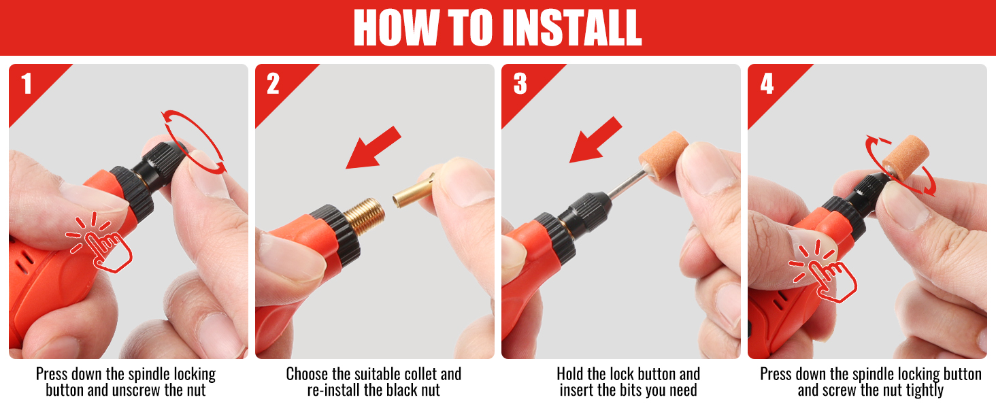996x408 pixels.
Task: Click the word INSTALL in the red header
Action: (572, 27)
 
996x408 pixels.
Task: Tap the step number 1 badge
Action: (27, 84)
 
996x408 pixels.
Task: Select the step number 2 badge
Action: (273, 84)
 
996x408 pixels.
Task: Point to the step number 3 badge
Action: (520, 84)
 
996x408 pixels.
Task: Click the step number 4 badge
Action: (767, 84)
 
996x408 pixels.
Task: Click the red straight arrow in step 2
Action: (373, 148)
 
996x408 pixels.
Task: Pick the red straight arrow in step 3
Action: (596, 140)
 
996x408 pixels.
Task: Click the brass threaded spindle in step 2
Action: (364, 216)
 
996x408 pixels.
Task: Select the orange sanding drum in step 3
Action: (663, 156)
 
